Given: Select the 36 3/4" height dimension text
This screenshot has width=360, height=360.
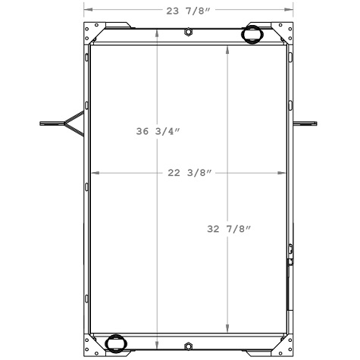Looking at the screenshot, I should (158, 131).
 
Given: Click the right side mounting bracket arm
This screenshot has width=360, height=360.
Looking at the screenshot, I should (305, 123).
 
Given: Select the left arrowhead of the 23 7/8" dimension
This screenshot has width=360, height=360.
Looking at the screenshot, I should (86, 10).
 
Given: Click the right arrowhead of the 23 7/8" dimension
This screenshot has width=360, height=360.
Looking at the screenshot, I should (290, 10).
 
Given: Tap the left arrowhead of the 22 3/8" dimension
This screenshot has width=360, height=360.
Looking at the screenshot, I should (94, 173).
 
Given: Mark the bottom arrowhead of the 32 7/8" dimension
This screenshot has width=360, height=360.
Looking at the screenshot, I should (228, 330).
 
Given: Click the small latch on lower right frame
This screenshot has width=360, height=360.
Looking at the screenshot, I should (290, 261).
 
